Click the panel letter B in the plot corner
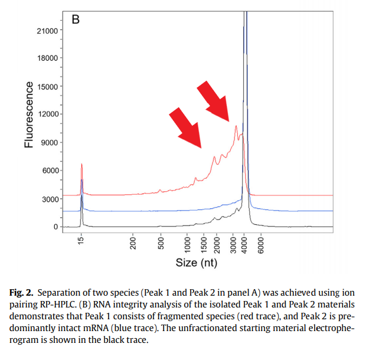pos(76,19)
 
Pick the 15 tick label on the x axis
pos(82,238)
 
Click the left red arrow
pos(185,127)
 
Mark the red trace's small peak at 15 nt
pos(82,165)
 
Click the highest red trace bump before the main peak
pos(236,126)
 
